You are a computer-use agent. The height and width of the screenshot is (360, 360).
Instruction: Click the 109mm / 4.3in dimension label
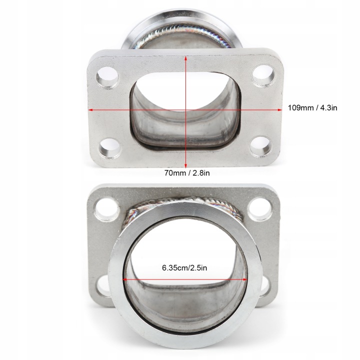312,107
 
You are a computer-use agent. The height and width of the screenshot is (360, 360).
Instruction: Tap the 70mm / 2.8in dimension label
187,172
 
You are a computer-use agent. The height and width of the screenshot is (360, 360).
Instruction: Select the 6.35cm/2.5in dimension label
184,267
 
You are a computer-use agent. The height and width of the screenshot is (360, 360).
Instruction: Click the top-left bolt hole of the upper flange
107,77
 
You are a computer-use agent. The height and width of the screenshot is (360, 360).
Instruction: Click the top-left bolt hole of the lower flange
107,209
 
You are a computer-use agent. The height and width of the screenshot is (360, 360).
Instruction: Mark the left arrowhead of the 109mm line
90,110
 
